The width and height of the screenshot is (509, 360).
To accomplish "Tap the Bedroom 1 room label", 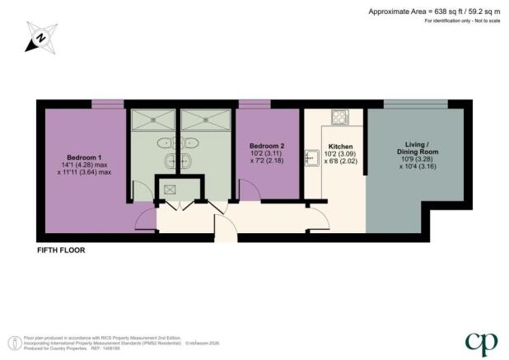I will coord(84,157).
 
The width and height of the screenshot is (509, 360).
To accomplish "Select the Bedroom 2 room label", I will coord(267,143).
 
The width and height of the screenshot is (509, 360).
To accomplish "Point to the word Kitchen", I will coord(334,147).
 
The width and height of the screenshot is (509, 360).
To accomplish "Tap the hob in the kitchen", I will coord(339,116).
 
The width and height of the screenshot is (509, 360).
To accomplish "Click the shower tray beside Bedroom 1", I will coord(152,120).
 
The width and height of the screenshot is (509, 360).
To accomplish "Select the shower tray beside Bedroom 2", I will coord(205,120).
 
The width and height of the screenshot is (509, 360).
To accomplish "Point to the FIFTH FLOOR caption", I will coord(61,249).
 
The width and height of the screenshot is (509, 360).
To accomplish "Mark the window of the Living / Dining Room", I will coord(416,103).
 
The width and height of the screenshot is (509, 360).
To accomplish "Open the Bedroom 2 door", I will coord(249,194).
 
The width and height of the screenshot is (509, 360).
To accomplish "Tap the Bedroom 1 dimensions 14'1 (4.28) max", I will coord(84,165).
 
